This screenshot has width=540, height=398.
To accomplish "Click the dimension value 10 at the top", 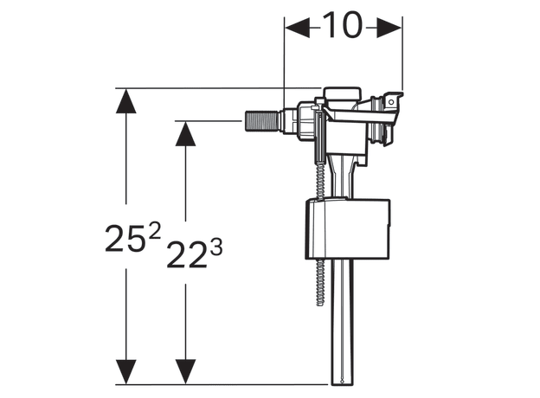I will click(x=344, y=28).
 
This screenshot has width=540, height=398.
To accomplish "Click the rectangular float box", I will click(x=347, y=229).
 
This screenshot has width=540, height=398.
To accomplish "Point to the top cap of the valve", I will click(x=340, y=93).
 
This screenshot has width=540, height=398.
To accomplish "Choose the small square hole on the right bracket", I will click(x=390, y=101).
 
